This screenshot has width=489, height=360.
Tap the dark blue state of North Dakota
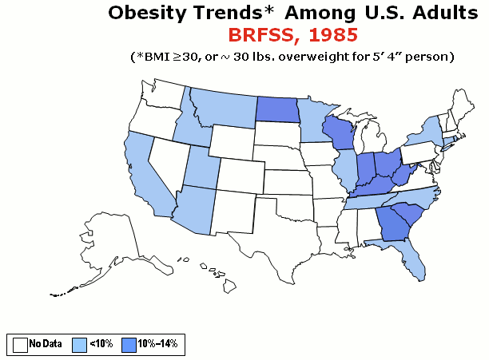(276, 110)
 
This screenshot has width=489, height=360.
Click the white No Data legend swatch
(20, 343)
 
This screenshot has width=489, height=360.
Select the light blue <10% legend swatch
(79, 343)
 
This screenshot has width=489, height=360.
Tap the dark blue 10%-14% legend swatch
(128, 343)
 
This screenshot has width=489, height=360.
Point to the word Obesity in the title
(148, 13)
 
